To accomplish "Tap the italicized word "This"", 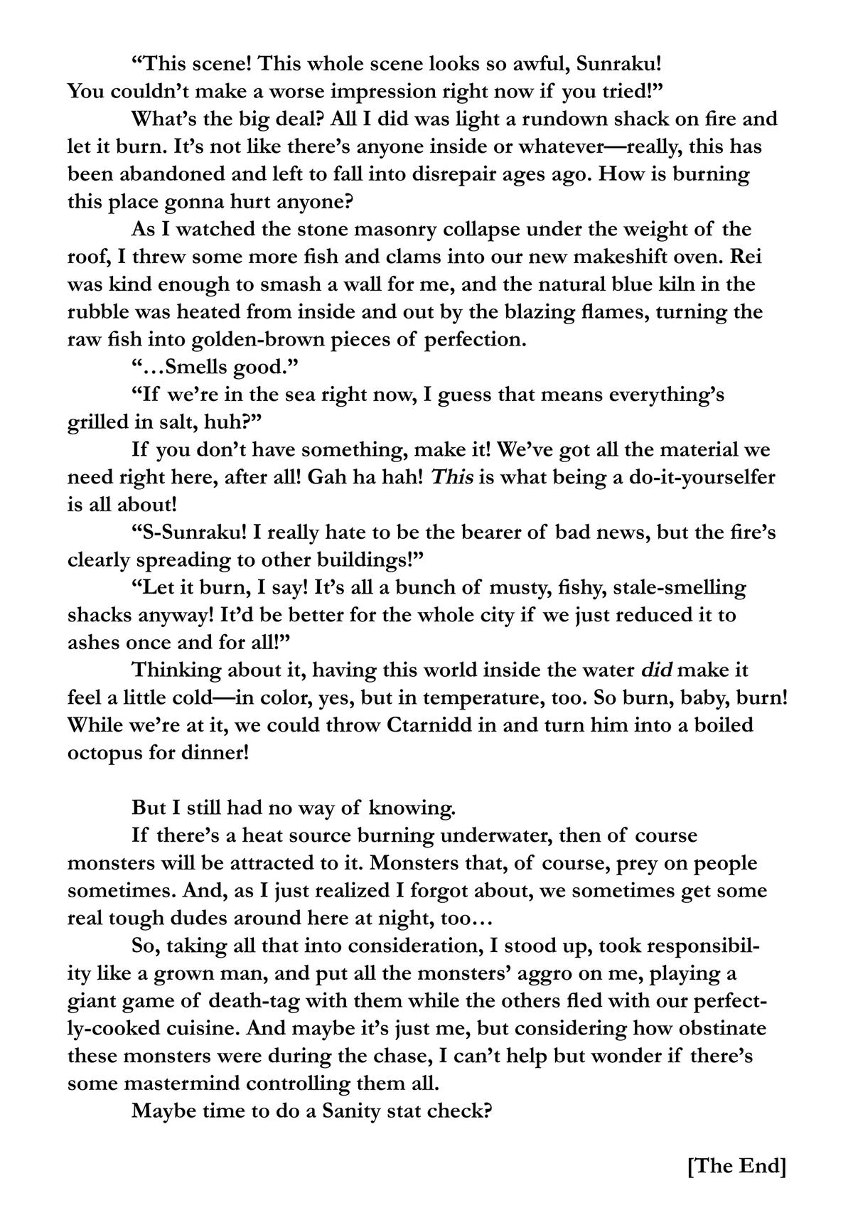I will pyautogui.click(x=453, y=477).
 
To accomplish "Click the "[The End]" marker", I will pyautogui.click(x=736, y=1167).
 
